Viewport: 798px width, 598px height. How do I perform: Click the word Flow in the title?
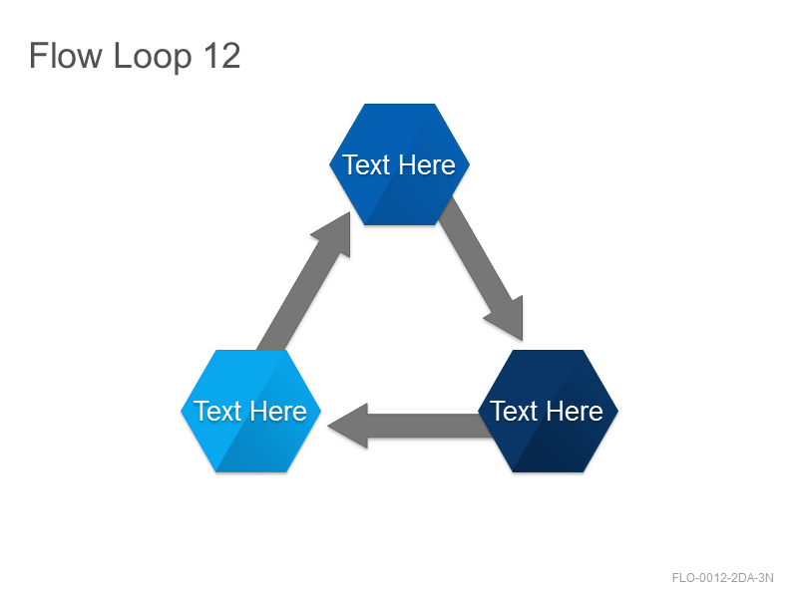click(66, 56)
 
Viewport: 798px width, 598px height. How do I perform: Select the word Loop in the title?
click(153, 58)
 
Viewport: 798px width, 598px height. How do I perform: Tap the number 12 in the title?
click(221, 56)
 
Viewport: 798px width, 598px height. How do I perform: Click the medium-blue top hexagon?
click(400, 164)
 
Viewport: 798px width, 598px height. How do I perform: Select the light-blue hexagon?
click(251, 411)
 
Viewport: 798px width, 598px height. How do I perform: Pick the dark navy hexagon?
click(548, 411)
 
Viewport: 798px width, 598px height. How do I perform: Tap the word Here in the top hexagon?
click(427, 164)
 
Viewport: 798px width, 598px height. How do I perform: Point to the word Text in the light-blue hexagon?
click(217, 411)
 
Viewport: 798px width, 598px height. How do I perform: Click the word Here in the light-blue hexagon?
click(278, 411)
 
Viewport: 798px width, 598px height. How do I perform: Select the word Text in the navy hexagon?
click(514, 411)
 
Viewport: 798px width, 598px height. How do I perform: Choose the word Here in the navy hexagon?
click(576, 411)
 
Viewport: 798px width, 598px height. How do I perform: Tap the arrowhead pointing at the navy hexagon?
click(508, 319)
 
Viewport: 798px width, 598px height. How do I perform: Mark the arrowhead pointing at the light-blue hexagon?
click(348, 427)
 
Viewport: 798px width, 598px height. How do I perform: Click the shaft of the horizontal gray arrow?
click(428, 426)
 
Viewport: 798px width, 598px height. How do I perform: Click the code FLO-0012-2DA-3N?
click(722, 578)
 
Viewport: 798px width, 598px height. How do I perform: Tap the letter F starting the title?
click(38, 56)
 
